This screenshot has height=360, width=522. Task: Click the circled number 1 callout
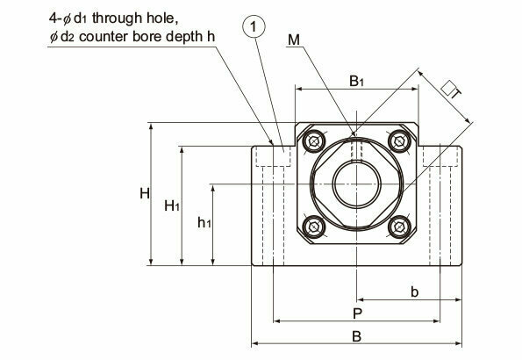(x=254, y=27)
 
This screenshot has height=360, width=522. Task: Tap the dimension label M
(x=294, y=40)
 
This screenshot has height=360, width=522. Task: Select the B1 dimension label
(x=356, y=81)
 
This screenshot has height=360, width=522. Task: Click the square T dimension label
(x=451, y=90)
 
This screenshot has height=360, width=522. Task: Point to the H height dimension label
(x=145, y=193)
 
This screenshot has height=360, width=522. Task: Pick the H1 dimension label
(x=172, y=205)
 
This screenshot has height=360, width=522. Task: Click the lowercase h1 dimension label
(x=204, y=222)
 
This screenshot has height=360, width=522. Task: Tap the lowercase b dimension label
(x=414, y=292)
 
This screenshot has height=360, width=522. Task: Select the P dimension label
(x=357, y=313)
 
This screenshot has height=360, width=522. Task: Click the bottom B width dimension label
(x=356, y=336)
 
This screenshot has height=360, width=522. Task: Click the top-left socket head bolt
(x=314, y=141)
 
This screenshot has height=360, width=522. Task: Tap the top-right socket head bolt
(x=399, y=141)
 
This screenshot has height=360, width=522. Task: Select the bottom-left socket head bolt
(x=314, y=227)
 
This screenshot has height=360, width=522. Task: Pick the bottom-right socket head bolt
(x=399, y=227)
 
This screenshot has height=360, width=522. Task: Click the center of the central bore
(x=356, y=184)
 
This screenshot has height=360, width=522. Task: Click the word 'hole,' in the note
(x=162, y=18)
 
